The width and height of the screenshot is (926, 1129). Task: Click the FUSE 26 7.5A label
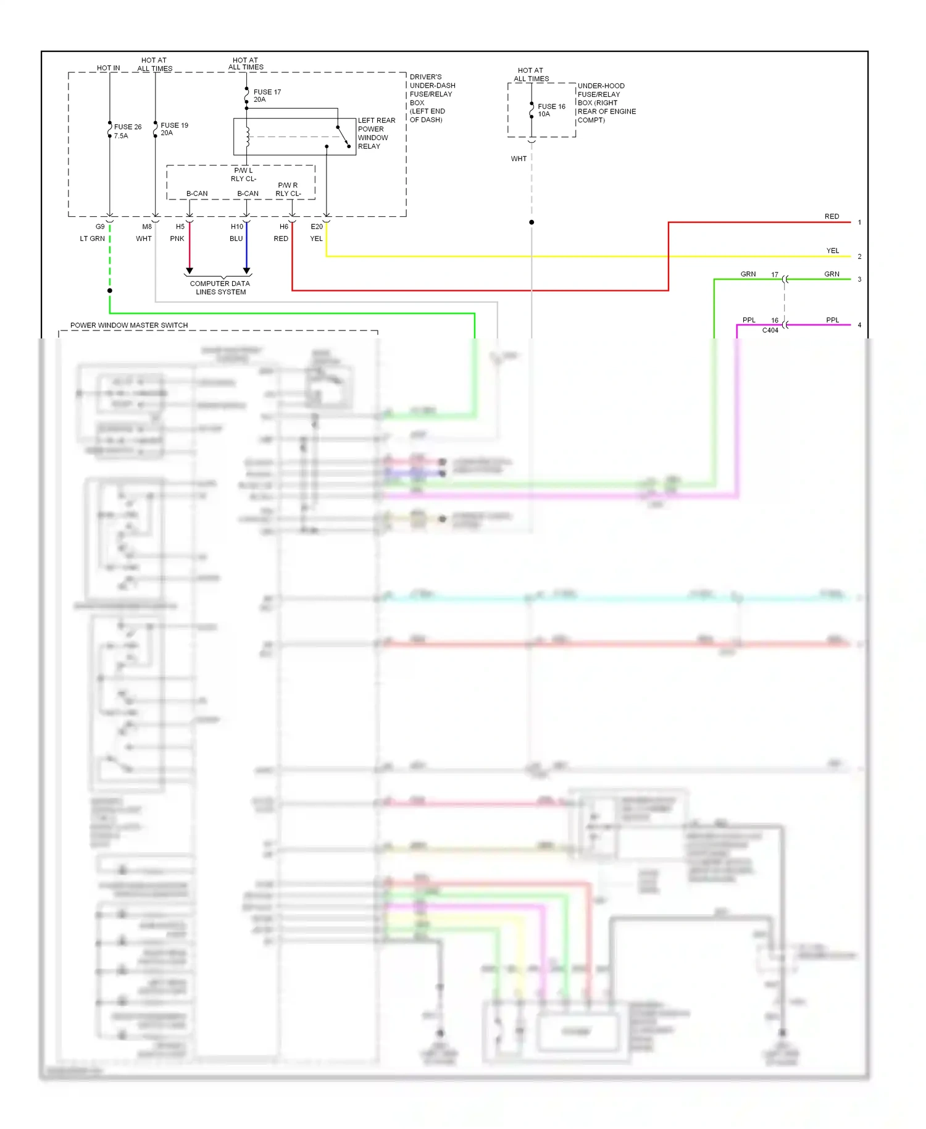[127, 131]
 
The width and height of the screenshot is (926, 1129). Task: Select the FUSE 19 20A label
[174, 128]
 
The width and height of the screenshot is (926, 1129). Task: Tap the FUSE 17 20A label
[267, 96]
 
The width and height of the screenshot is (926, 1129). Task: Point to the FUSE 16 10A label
[551, 110]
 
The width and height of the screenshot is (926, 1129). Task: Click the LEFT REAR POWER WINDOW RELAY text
[376, 133]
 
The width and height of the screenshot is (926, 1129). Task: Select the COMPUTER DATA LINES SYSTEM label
[220, 288]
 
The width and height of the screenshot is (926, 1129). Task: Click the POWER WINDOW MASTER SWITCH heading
[129, 325]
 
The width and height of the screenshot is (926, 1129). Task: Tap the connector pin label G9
[100, 227]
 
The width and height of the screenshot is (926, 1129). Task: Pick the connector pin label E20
[317, 227]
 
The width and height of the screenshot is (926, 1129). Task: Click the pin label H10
[237, 227]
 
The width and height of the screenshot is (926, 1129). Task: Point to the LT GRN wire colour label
[92, 238]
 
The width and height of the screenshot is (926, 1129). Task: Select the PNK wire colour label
[177, 238]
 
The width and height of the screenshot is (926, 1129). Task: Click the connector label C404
[770, 330]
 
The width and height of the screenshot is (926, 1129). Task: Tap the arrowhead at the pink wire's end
[190, 271]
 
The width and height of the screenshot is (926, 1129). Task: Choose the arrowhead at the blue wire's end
[246, 271]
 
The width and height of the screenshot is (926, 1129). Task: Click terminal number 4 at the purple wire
[859, 325]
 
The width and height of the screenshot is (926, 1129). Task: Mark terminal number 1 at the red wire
[859, 222]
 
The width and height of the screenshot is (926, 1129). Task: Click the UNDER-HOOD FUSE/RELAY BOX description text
[606, 103]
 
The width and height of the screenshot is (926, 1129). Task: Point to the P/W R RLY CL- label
[288, 190]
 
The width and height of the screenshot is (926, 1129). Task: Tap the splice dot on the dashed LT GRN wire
[110, 290]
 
